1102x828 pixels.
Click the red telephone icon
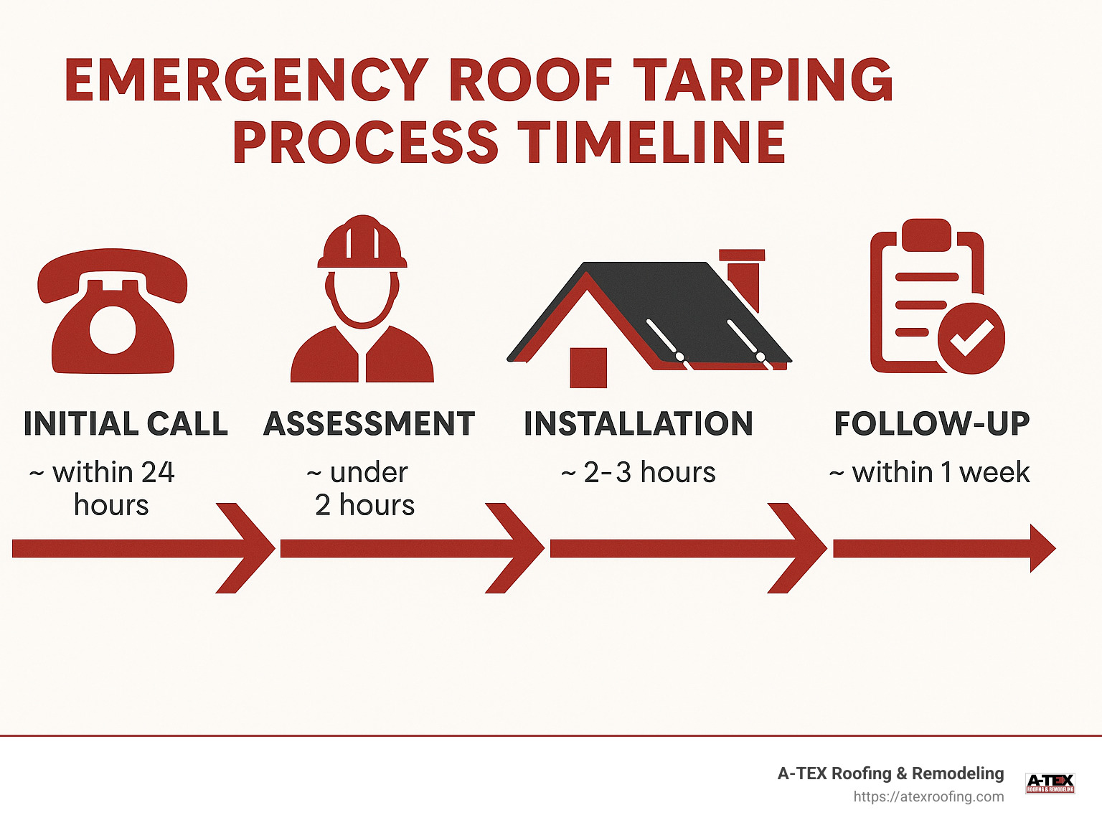pyautogui.click(x=113, y=312)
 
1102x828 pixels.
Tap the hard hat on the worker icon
pyautogui.click(x=362, y=244)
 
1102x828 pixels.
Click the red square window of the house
pyautogui.click(x=588, y=367)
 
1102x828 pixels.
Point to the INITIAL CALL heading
pyautogui.click(x=126, y=424)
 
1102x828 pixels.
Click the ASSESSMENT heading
pyautogui.click(x=369, y=424)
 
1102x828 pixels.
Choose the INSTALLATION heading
pyautogui.click(x=639, y=424)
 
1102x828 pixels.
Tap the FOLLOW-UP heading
pyautogui.click(x=932, y=424)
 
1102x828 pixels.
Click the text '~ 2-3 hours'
pyautogui.click(x=639, y=473)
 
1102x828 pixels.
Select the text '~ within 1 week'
pyautogui.click(x=930, y=473)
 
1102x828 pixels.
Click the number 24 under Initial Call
pyautogui.click(x=158, y=473)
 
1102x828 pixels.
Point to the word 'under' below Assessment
pyautogui.click(x=369, y=473)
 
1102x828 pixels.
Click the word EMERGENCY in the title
pyautogui.click(x=246, y=80)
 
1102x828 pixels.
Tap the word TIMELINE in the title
pyautogui.click(x=651, y=142)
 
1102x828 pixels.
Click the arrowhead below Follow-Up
pyautogui.click(x=1041, y=548)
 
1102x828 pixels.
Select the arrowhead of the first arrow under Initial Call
pyautogui.click(x=248, y=548)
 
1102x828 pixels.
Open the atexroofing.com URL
pyautogui.click(x=928, y=796)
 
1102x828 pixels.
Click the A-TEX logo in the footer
pyautogui.click(x=1050, y=783)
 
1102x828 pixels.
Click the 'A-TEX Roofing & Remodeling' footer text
pyautogui.click(x=890, y=773)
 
